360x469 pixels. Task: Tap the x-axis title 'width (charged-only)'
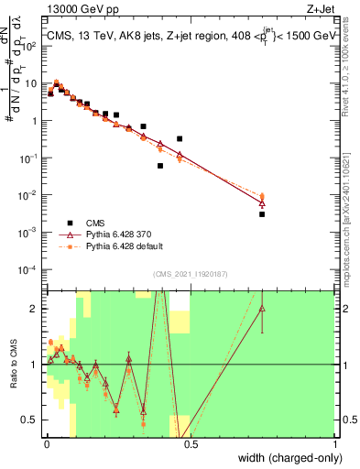click(288, 460)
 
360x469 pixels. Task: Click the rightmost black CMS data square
click(262, 214)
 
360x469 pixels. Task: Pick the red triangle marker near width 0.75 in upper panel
click(262, 203)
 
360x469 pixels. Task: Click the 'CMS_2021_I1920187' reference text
click(190, 274)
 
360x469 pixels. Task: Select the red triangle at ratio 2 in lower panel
click(262, 309)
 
